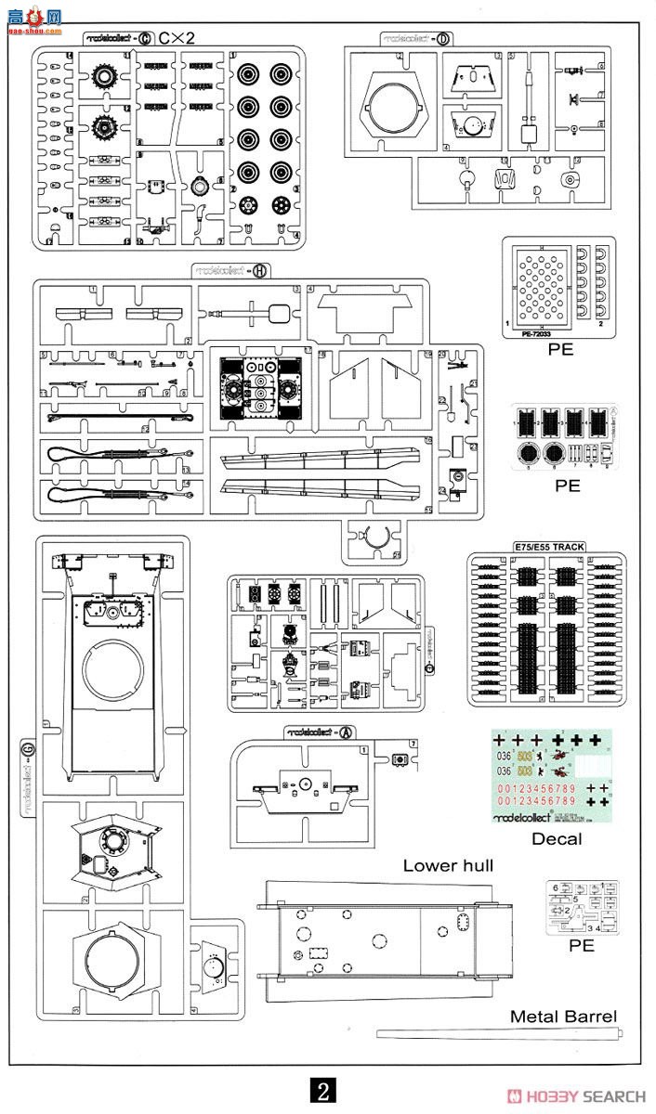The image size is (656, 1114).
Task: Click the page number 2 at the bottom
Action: pyautogui.click(x=322, y=1090)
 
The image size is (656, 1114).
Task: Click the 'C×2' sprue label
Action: pyautogui.click(x=176, y=38)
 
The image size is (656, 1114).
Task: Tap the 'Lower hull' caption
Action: pyautogui.click(x=448, y=865)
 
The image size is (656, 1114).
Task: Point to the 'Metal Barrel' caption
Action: pyautogui.click(x=563, y=1017)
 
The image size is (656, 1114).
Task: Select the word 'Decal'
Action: pyautogui.click(x=557, y=838)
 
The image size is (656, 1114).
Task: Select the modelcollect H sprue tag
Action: pyautogui.click(x=231, y=270)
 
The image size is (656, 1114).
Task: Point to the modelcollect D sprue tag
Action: pyautogui.click(x=417, y=38)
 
